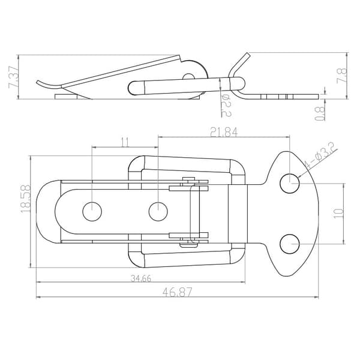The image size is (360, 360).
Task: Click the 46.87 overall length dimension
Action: click(177, 292)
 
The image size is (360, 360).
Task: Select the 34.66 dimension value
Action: click(141, 278)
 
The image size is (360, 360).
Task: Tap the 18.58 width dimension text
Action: click(25, 199)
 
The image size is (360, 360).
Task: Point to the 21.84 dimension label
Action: click(224, 132)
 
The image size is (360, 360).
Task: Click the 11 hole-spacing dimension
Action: click(125, 142)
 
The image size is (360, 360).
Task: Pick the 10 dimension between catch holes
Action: click(339, 213)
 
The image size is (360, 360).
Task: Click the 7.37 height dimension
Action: click(13, 77)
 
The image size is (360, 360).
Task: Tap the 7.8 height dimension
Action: click(341, 76)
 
